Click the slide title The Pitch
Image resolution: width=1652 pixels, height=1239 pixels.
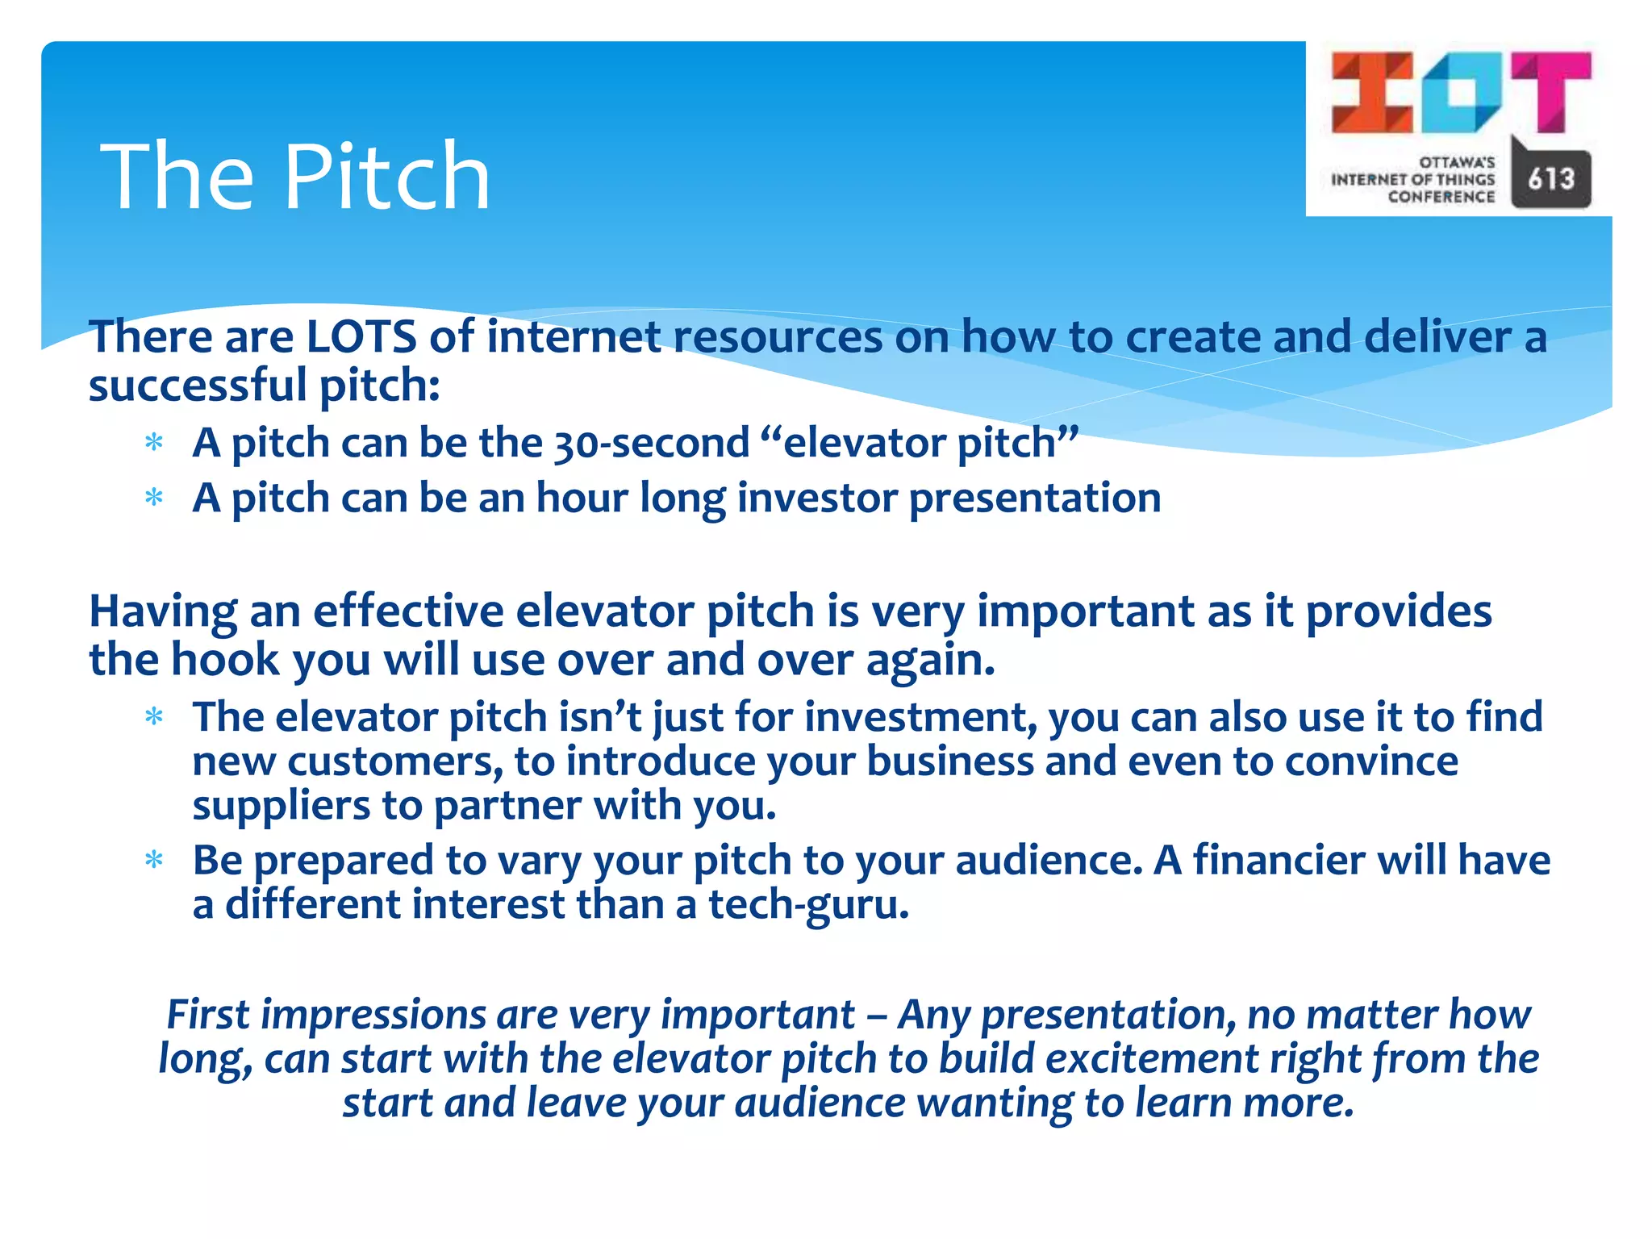tap(295, 176)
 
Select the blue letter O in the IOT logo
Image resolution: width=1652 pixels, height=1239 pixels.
tap(1461, 92)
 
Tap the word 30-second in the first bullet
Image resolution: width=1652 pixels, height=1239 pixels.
tap(652, 444)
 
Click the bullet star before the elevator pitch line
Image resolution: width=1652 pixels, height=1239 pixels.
tap(154, 443)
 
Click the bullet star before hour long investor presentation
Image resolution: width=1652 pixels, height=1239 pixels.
tap(154, 498)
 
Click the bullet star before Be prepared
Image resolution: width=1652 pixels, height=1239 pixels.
tap(154, 861)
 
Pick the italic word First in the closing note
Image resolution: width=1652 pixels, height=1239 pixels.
tap(207, 1014)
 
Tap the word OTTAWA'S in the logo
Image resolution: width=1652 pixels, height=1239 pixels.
tap(1457, 162)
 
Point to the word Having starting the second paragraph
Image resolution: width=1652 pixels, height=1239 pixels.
tap(162, 611)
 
